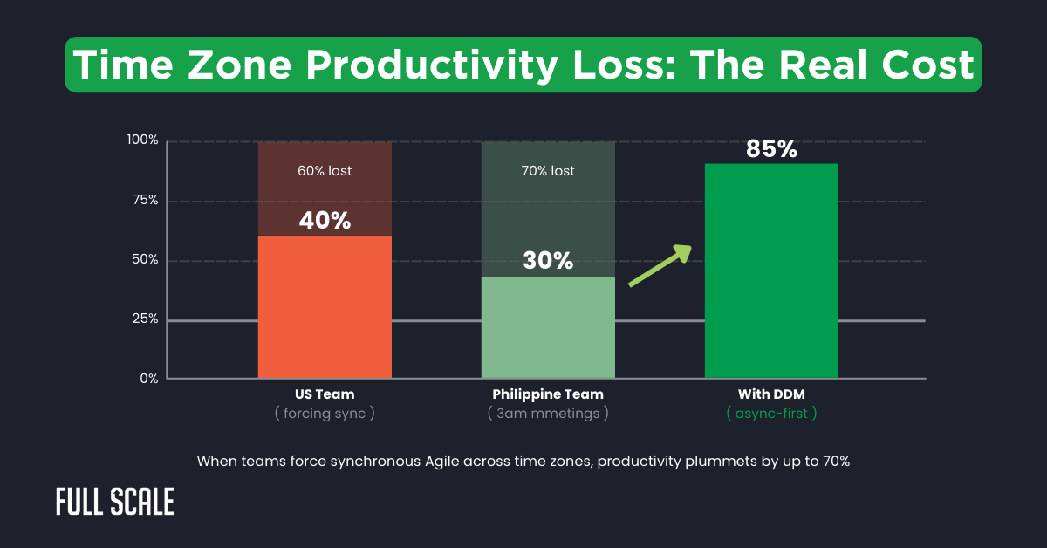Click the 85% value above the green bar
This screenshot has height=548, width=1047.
point(771,149)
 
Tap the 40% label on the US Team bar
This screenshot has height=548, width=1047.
point(325,221)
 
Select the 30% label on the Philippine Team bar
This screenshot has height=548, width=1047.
point(548,260)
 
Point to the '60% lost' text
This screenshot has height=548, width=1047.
point(325,171)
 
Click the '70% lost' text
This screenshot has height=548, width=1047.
point(548,171)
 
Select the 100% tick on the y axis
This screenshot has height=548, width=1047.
point(142,140)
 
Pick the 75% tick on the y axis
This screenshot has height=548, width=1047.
point(144,201)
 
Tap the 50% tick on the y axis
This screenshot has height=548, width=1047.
point(144,260)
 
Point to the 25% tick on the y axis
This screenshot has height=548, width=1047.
point(144,319)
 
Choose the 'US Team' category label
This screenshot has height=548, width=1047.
point(325,394)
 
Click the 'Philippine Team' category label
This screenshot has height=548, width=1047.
point(548,394)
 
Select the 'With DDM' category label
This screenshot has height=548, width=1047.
point(771,394)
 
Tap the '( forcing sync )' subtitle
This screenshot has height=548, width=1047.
point(325,414)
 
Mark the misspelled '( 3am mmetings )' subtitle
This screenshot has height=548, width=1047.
point(548,414)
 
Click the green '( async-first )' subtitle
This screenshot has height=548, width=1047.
point(771,414)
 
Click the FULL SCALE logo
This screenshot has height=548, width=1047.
point(114,502)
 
